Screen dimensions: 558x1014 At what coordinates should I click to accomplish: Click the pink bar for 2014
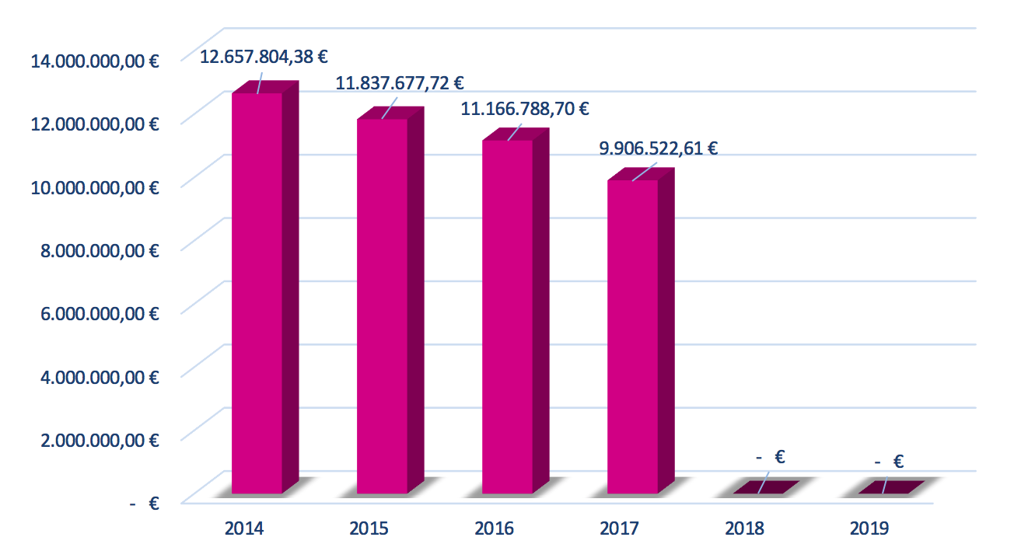coord(257,291)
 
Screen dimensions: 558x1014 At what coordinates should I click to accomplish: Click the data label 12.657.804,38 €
coord(263,57)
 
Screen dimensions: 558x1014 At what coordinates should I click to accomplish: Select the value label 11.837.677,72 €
coord(400,82)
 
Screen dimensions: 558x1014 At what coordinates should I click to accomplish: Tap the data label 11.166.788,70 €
coord(525,109)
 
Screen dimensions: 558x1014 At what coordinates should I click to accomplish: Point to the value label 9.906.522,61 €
coord(658,148)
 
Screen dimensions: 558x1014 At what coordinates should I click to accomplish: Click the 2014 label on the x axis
coord(244,529)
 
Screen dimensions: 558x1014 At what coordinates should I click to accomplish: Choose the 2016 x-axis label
coord(495,529)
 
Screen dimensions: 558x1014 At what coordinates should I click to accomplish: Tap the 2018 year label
coord(745,529)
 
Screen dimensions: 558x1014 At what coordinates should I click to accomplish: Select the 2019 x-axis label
coord(869,529)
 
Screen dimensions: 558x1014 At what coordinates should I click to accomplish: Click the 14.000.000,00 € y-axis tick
coord(95,61)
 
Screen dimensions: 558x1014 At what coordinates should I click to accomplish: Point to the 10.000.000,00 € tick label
coord(95,187)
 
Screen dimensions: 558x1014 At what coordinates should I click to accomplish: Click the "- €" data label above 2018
coord(770,457)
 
